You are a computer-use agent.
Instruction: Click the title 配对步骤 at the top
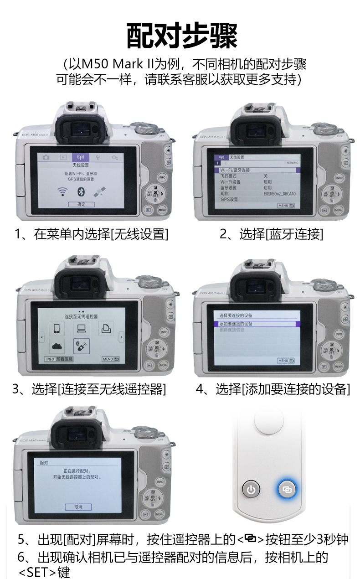pyautogui.click(x=181, y=36)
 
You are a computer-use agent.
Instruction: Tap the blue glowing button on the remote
pyautogui.click(x=287, y=490)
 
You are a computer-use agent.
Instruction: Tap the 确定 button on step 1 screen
pyautogui.click(x=81, y=204)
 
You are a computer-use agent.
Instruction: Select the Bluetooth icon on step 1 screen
pyautogui.click(x=81, y=191)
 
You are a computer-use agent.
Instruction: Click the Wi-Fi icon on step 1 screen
pyautogui.click(x=62, y=191)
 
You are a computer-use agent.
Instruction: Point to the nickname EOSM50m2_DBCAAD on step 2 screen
pyautogui.click(x=279, y=194)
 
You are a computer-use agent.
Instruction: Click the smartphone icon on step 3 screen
pyautogui.click(x=57, y=328)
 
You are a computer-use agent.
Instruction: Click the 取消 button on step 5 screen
pyautogui.click(x=78, y=507)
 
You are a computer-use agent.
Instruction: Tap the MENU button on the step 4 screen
pyautogui.click(x=286, y=361)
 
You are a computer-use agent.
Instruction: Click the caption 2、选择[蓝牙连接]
pyautogui.click(x=271, y=234)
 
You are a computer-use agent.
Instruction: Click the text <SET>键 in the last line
pyautogui.click(x=44, y=572)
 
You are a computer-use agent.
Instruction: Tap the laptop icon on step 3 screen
pyautogui.click(x=81, y=328)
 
